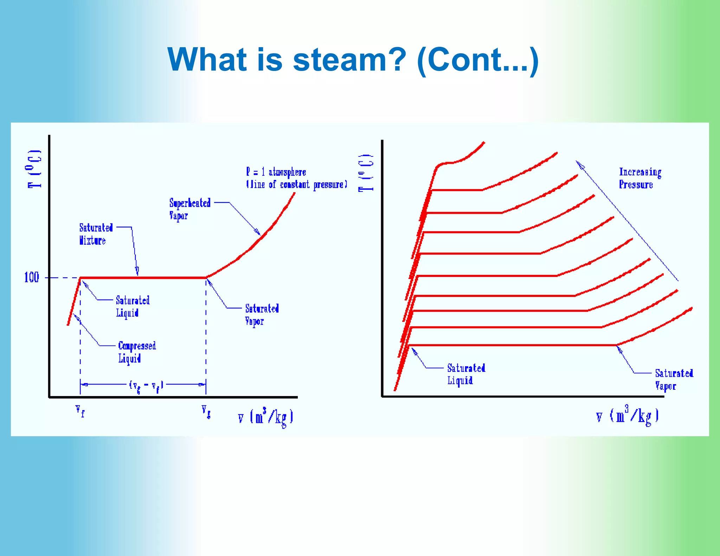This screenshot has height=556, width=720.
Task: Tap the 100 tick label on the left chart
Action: [x=31, y=278]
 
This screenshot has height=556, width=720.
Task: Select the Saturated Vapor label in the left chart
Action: [x=262, y=315]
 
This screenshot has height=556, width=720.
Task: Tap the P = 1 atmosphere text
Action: [x=276, y=172]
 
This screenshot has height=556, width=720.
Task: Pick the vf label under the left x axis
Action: [x=80, y=410]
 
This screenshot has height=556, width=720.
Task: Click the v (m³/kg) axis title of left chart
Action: [x=266, y=418]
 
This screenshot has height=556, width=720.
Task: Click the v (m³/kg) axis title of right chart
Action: [x=628, y=416]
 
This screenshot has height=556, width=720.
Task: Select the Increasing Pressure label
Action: [x=639, y=178]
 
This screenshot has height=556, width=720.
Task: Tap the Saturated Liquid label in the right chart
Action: [x=465, y=374]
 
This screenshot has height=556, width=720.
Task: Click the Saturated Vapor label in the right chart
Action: [x=673, y=380]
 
